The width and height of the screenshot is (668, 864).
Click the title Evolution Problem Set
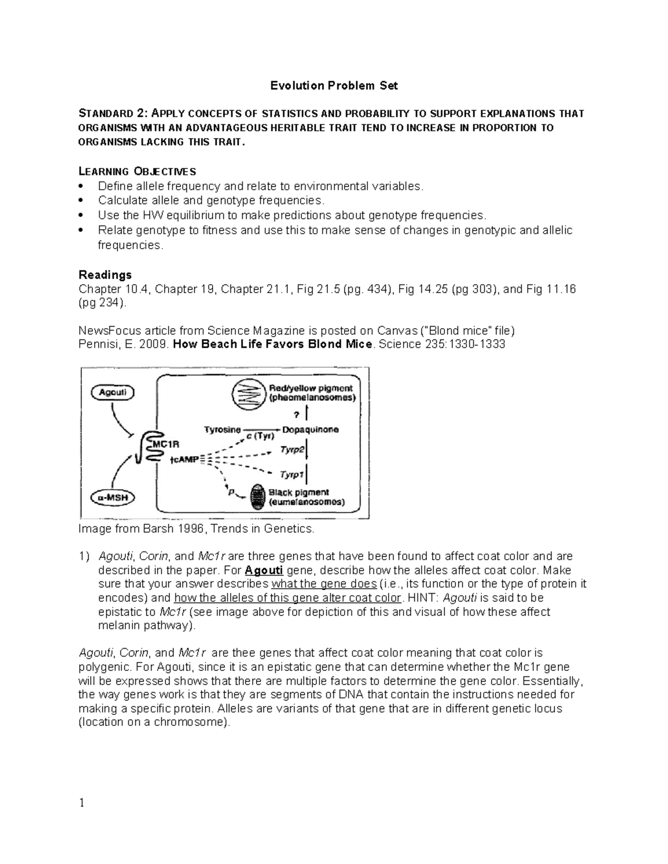[334, 86]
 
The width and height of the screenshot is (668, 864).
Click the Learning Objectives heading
[137, 171]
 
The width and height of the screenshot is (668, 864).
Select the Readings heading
[105, 275]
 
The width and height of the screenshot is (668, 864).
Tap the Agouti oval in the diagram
[112, 392]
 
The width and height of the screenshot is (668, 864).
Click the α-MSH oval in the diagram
[112, 498]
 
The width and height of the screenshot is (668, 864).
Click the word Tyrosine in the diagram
[222, 429]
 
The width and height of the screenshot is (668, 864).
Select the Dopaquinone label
[310, 429]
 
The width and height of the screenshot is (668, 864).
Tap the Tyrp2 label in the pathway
[292, 452]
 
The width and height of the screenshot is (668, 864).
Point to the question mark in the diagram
[296, 414]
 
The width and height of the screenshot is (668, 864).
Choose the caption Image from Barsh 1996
[197, 529]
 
